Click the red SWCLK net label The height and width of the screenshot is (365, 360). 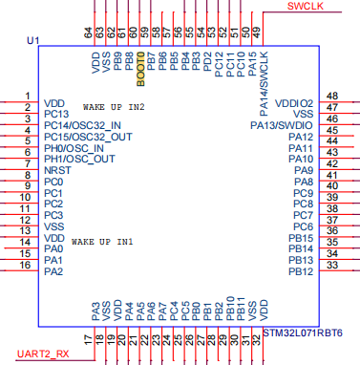click(305, 6)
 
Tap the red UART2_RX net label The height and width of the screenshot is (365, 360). click(43, 354)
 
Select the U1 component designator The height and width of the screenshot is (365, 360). click(33, 41)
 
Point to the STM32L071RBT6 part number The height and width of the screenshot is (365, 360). click(303, 333)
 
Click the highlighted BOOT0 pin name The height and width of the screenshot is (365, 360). click(140, 69)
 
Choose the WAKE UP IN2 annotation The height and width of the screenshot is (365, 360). click(114, 107)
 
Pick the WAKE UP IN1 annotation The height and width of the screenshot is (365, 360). click(102, 242)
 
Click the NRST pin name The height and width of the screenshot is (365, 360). click(57, 170)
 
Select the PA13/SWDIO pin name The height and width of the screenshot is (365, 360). click(282, 125)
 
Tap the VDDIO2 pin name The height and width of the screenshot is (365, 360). click(294, 103)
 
